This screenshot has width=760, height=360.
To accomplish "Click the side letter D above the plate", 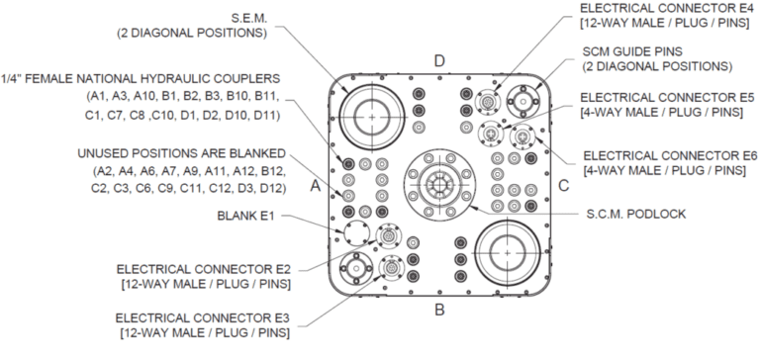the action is pos(439,61).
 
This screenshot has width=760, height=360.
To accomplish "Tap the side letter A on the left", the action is pos(316,186).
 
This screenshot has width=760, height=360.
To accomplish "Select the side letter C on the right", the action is pos(563,186).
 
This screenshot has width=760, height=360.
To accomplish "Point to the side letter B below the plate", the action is pos(439,310).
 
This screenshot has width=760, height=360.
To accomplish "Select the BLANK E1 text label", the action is pos(245,216).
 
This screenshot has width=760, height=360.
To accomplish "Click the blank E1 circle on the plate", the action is pos(356,234).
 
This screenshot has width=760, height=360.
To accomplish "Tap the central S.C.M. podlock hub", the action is pos(439,185).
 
